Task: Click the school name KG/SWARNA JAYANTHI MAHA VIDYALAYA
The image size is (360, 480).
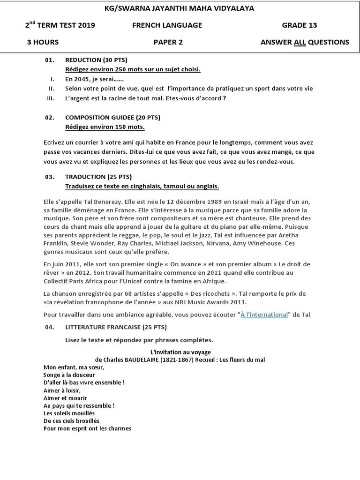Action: click(180, 8)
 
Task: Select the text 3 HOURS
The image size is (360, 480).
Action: click(43, 42)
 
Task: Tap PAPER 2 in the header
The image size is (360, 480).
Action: click(168, 42)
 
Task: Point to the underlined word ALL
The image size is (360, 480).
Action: click(300, 42)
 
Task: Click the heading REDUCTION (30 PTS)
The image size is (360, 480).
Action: click(96, 60)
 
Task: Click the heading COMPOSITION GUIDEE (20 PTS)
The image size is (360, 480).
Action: click(112, 118)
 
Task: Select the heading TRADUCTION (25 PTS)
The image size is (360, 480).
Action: click(98, 177)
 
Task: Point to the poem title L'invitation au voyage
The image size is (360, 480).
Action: click(180, 352)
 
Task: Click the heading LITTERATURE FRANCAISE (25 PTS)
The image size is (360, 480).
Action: click(116, 327)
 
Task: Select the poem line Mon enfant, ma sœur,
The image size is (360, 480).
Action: click(74, 367)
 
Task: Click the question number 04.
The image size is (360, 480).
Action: click(50, 327)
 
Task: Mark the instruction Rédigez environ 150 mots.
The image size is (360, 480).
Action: click(105, 127)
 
